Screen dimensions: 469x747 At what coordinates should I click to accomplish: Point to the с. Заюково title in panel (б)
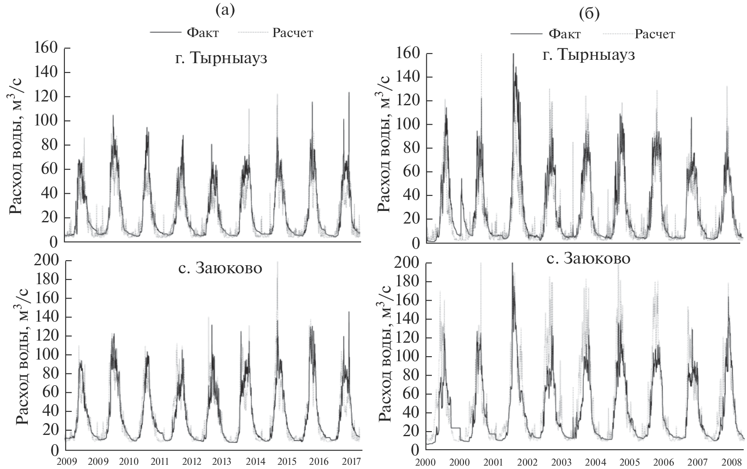coord(589,258)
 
